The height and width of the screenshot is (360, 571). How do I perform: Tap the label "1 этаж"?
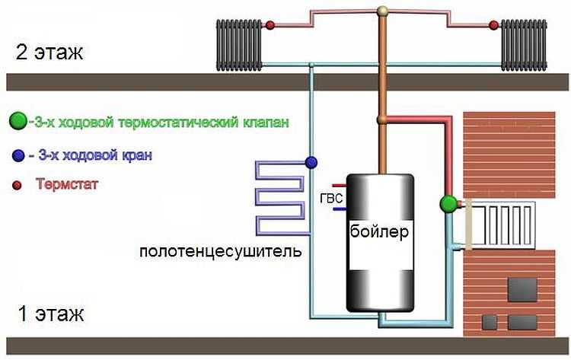(48, 313)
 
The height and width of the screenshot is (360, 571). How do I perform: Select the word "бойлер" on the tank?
(381, 230)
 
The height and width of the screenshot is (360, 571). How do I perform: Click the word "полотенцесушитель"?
(220, 250)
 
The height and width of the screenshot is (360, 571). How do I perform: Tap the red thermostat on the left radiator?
(270, 27)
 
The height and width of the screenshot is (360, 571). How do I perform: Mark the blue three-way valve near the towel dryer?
(311, 161)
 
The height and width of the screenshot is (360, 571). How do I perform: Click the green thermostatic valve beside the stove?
(448, 203)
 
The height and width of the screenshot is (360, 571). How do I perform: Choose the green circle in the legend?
(16, 121)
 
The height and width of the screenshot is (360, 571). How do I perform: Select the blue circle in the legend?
(18, 155)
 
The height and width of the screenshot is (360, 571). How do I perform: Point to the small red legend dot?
(17, 185)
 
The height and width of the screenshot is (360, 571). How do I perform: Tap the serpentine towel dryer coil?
(279, 196)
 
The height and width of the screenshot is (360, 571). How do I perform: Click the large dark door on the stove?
(523, 289)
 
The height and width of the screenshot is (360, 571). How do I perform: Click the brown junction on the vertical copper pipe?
(382, 119)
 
